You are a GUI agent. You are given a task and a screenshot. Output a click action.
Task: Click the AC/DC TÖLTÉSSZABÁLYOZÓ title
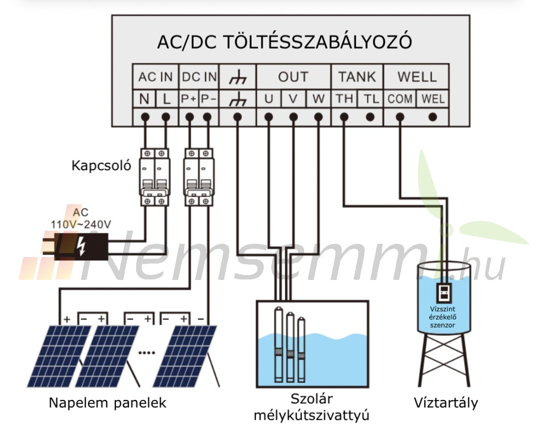click(x=284, y=42)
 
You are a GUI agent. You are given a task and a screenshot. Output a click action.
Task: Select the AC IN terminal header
click(x=155, y=77)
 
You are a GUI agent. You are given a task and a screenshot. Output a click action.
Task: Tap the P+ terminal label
click(x=189, y=99)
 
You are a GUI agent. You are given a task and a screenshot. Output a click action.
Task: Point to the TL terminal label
click(x=371, y=99)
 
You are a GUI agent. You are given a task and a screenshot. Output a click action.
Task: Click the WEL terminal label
click(x=433, y=99)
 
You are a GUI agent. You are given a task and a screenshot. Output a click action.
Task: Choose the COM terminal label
click(x=400, y=99)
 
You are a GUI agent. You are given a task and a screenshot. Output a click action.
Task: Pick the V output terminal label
click(x=293, y=99)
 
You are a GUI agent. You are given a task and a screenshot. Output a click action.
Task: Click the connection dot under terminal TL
click(x=370, y=117)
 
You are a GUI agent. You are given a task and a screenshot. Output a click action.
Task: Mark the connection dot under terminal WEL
click(x=433, y=117)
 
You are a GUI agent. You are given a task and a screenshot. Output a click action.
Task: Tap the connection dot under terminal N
click(x=145, y=117)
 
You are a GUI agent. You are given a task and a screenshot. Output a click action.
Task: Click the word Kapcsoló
click(x=101, y=165)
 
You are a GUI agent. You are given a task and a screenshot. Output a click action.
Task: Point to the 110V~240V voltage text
click(x=81, y=224)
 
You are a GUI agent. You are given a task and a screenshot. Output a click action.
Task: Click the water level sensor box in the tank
click(x=444, y=293)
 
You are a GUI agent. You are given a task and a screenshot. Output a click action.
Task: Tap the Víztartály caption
click(x=446, y=403)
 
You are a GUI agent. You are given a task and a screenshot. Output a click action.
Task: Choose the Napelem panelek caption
click(x=107, y=403)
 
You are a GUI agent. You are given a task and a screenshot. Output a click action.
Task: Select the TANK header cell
click(x=357, y=77)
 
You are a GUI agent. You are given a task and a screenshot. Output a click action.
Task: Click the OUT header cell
click(x=293, y=77)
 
